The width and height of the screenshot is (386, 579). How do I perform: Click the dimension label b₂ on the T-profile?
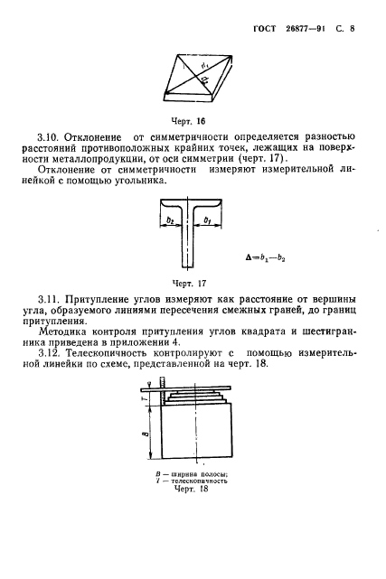coord(168,219)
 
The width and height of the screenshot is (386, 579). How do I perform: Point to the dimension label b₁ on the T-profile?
coord(211,219)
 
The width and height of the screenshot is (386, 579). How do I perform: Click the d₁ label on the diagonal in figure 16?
coord(205,64)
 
